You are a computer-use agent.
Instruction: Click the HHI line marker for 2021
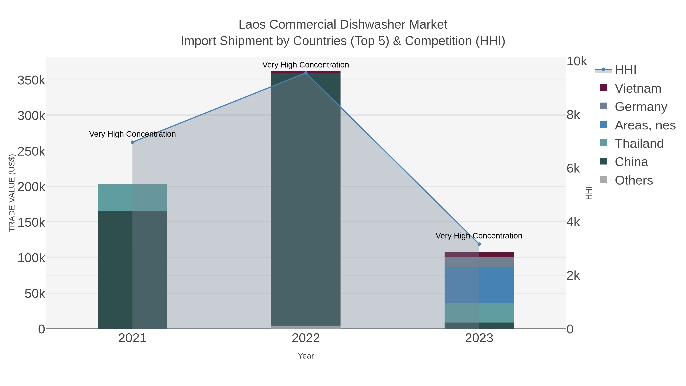coord(132,142)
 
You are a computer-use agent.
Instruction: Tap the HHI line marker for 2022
coord(306,73)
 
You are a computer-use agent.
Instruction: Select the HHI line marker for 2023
coord(479,244)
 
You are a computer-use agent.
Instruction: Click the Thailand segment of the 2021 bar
coord(132,198)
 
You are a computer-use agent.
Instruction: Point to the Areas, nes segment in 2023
coord(479,285)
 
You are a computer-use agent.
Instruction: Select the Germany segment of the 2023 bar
coord(479,262)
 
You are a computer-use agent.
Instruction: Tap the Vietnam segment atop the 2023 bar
coord(479,255)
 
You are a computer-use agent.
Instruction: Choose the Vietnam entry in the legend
coord(638,88)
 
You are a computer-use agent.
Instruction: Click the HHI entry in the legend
coord(625,70)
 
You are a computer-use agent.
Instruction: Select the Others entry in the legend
coord(634,180)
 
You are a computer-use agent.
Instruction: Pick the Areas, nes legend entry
coord(645,125)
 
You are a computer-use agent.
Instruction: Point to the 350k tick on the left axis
coord(31,80)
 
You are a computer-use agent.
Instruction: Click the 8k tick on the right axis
coord(573,115)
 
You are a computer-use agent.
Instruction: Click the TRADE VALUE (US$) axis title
coord(12,193)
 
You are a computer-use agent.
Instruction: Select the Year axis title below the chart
coord(306,356)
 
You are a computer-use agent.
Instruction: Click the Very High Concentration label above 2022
coord(306,65)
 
